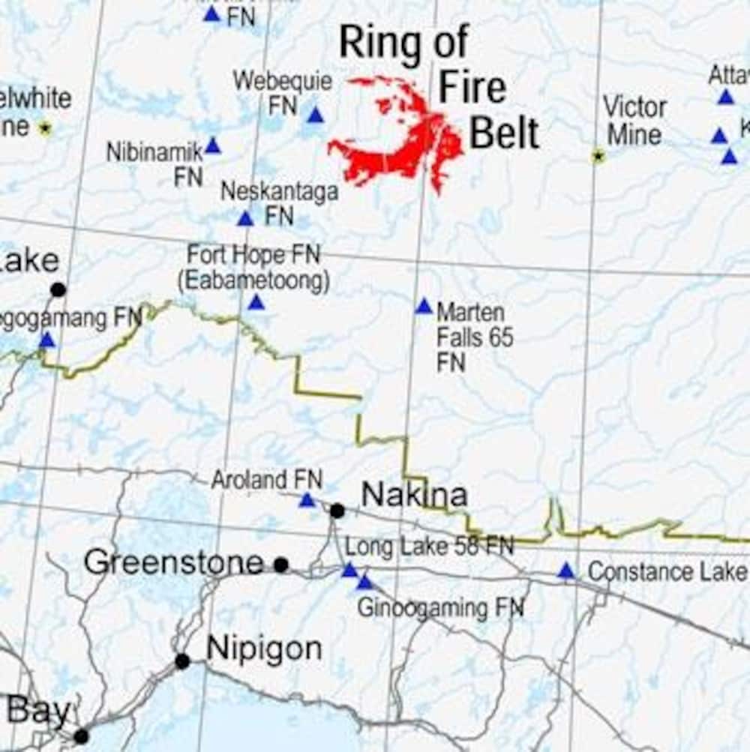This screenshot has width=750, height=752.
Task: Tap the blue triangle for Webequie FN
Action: tap(315, 115)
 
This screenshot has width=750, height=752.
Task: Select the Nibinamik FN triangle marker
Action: tap(213, 146)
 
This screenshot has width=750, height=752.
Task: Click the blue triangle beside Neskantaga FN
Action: tap(245, 219)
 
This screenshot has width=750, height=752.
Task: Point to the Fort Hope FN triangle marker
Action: tap(256, 303)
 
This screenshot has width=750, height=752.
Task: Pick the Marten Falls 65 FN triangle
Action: tap(424, 307)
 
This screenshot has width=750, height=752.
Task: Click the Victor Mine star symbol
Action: tap(598, 156)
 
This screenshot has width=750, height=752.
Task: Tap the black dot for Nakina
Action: tap(337, 511)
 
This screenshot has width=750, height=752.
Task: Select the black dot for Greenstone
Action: tap(281, 565)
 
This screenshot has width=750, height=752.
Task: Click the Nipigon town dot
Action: tap(182, 661)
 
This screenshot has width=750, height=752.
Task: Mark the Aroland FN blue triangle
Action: tap(307, 500)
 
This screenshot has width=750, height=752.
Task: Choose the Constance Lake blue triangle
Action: tap(566, 572)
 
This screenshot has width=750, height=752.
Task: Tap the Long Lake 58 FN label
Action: tap(429, 547)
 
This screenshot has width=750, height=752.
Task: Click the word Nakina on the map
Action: tap(414, 494)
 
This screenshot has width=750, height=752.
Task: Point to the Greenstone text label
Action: tap(174, 562)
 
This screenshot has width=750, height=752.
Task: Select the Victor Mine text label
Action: tap(634, 121)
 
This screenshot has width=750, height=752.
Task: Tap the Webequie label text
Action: tap(283, 81)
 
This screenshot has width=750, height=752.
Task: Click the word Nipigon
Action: tap(264, 649)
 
